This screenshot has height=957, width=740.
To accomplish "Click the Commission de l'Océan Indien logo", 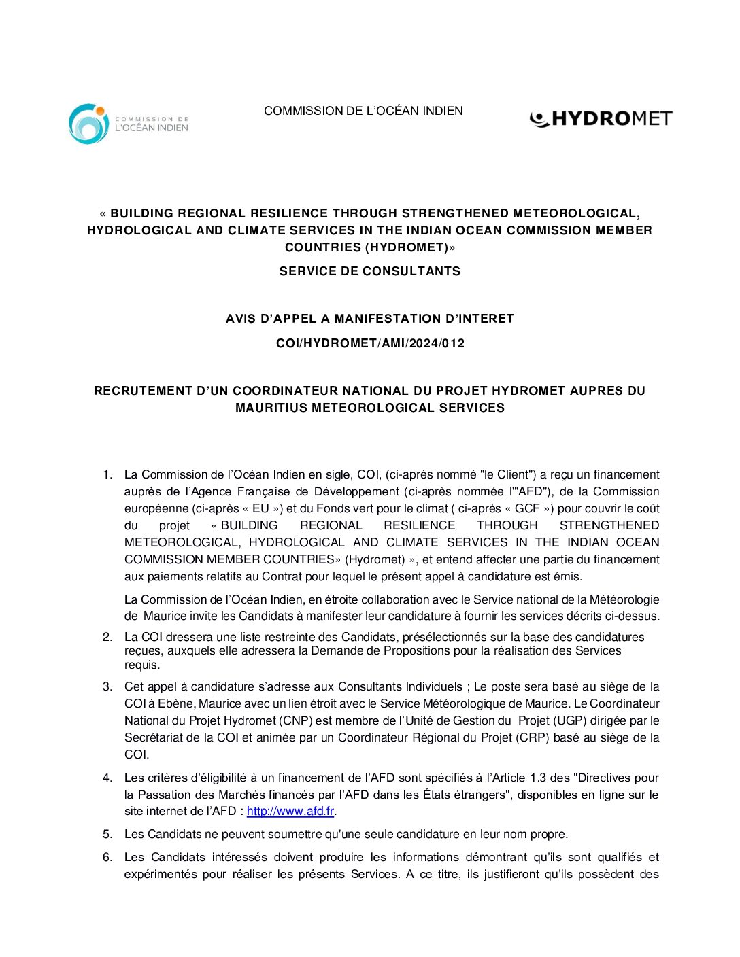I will click(128, 124).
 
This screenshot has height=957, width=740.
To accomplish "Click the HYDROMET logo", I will click(601, 119).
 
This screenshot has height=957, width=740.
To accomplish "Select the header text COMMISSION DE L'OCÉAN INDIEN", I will click(363, 111).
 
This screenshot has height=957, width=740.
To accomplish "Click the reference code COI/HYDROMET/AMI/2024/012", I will click(370, 343).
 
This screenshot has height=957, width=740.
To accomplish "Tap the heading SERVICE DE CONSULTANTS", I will click(369, 271).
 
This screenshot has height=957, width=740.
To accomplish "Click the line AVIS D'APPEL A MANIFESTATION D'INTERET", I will click(369, 319).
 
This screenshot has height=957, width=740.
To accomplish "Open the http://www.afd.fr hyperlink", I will click(290, 811).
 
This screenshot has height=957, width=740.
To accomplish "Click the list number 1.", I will click(107, 474).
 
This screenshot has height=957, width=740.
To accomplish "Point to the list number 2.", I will click(107, 637).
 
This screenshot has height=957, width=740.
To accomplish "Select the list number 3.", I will click(107, 686).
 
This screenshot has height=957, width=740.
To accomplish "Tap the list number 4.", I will click(107, 778).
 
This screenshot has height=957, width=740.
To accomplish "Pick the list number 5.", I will click(107, 834).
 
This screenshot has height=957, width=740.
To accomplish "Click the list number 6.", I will click(107, 857).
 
